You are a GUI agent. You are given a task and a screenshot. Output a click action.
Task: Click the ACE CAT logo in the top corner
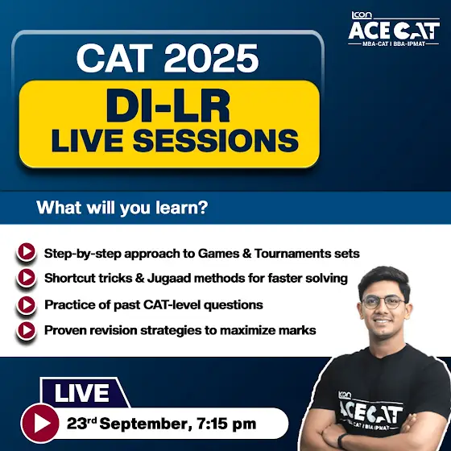click(x=394, y=29)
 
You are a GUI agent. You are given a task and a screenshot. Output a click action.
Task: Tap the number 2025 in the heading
click(x=211, y=58)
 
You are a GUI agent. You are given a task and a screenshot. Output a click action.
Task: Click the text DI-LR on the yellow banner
click(x=168, y=106)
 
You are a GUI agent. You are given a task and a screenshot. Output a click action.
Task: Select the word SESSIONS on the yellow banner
click(x=216, y=141)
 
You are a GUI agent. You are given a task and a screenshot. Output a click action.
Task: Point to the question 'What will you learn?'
click(x=122, y=208)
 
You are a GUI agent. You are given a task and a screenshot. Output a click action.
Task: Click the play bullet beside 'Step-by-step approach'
click(x=27, y=251)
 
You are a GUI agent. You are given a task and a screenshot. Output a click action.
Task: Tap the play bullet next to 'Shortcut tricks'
click(x=27, y=277)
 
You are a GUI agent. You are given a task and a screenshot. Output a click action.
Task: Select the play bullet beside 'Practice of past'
click(x=27, y=304)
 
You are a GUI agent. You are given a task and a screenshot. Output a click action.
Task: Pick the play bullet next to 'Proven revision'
click(x=27, y=330)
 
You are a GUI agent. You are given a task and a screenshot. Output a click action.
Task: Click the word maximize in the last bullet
click(x=243, y=330)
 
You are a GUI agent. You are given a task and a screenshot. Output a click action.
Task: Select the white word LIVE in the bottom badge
click(x=82, y=393)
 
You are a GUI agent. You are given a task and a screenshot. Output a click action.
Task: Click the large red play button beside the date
click(x=40, y=423)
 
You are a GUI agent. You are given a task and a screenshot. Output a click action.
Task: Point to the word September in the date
click(x=146, y=424)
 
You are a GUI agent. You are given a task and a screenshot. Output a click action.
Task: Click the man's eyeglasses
click(x=383, y=302)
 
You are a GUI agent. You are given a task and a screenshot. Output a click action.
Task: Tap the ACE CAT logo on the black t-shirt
click(x=370, y=412)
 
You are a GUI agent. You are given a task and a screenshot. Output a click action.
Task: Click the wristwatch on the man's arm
click(x=341, y=440)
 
